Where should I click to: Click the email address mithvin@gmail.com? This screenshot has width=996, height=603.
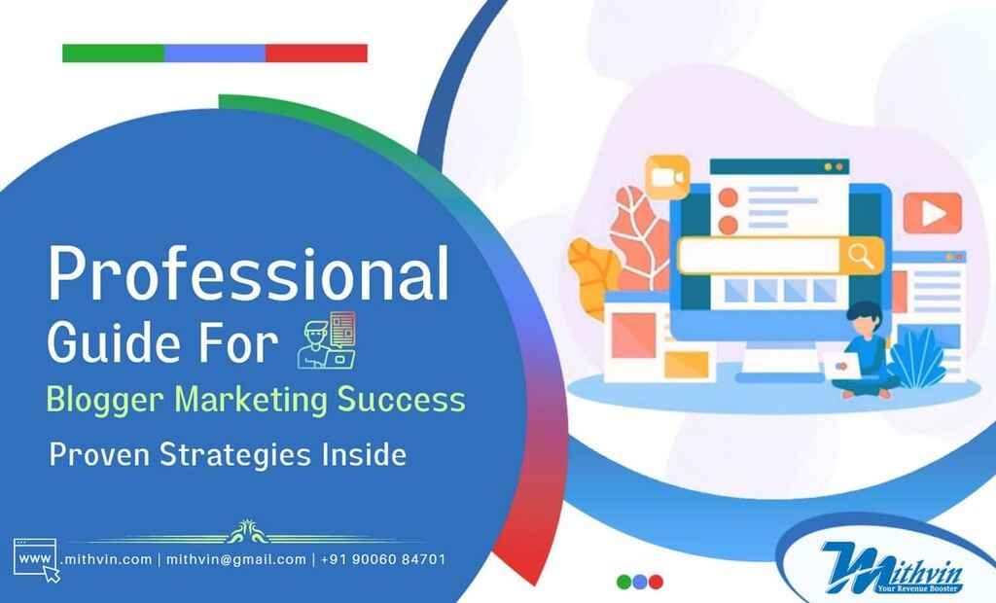click(236, 559)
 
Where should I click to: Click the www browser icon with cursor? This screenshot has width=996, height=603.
click(36, 560)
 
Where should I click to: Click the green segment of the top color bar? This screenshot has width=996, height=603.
click(113, 53)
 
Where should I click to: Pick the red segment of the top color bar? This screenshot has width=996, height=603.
click(316, 53)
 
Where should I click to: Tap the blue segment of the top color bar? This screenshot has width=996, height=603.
click(215, 53)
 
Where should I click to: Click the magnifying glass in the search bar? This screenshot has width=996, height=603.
click(860, 256)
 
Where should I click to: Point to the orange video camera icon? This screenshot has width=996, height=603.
click(667, 175)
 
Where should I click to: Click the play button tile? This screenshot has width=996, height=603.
click(932, 213)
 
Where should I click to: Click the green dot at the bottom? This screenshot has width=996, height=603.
click(624, 582)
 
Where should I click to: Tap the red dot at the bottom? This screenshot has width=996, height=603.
click(656, 582)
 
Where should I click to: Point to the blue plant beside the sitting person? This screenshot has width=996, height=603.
click(919, 358)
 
